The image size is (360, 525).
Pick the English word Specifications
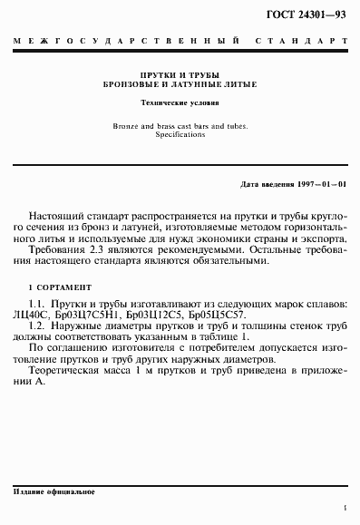pyautogui.click(x=180, y=134)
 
